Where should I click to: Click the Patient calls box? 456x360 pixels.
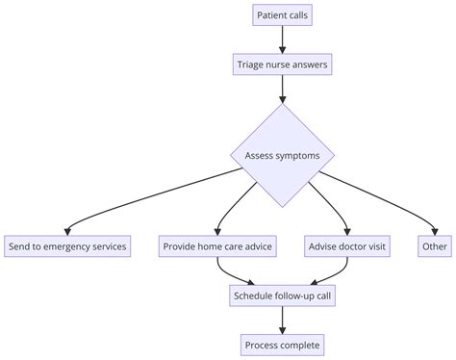(x=283, y=15)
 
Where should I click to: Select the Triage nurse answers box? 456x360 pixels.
(x=283, y=65)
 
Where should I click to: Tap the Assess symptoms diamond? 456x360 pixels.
(x=283, y=155)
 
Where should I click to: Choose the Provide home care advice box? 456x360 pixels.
(x=217, y=246)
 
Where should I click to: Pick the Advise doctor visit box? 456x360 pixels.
(x=348, y=246)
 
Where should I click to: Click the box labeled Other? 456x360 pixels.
(x=434, y=246)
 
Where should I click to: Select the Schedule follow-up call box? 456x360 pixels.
(x=283, y=296)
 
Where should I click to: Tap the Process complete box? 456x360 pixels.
(x=283, y=345)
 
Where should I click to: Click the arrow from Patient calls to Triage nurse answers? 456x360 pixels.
(x=283, y=40)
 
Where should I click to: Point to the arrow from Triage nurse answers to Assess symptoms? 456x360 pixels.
(x=283, y=90)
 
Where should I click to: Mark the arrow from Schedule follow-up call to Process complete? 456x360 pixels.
(x=283, y=321)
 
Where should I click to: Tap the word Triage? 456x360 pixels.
(x=253, y=65)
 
